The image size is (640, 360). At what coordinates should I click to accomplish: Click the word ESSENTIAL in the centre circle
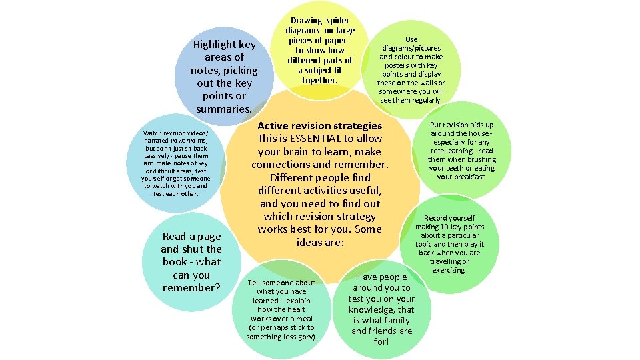[315, 139]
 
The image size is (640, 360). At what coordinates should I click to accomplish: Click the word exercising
[449, 270]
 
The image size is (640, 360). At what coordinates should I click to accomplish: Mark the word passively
[156, 156]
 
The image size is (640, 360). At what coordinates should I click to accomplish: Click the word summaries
[224, 109]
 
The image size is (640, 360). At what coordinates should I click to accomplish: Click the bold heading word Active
[272, 126]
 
